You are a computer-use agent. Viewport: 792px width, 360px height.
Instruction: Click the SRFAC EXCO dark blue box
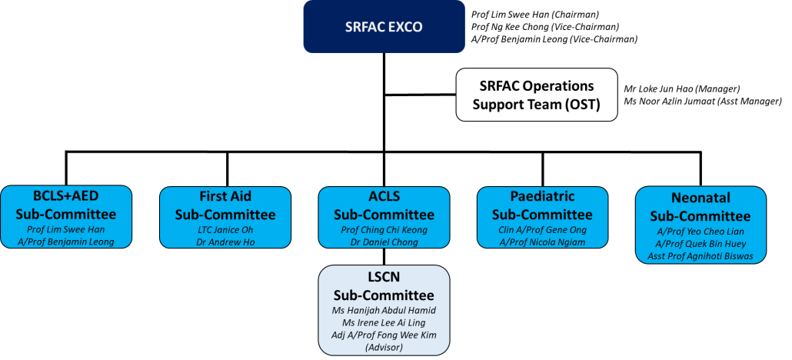point(384,27)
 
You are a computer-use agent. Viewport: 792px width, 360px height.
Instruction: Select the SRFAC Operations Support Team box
point(537,95)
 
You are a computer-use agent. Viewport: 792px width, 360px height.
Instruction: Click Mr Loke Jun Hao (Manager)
point(682,89)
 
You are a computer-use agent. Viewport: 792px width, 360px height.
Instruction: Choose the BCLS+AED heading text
point(66,195)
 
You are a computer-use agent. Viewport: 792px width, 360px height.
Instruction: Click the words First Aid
point(225,196)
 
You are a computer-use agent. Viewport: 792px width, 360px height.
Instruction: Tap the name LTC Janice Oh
point(225,230)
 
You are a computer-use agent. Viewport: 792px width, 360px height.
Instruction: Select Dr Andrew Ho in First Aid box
point(225,242)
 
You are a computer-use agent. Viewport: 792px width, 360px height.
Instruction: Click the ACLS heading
point(384,196)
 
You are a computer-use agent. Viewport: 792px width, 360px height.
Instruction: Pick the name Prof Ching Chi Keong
point(384,230)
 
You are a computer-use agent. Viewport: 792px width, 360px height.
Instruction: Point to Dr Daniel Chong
point(384,242)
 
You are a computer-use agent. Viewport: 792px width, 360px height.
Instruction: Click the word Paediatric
point(542,196)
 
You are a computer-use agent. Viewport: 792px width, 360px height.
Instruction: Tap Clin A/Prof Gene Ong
point(542,230)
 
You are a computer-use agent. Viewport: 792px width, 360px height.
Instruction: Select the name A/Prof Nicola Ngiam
point(542,242)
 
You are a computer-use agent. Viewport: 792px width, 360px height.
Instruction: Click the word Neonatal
point(700,198)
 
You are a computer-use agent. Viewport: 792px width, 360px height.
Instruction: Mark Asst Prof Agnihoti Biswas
point(700,256)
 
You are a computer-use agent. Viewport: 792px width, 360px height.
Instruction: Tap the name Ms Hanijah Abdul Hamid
point(384,311)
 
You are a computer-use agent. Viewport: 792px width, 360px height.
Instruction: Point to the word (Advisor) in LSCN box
point(384,348)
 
